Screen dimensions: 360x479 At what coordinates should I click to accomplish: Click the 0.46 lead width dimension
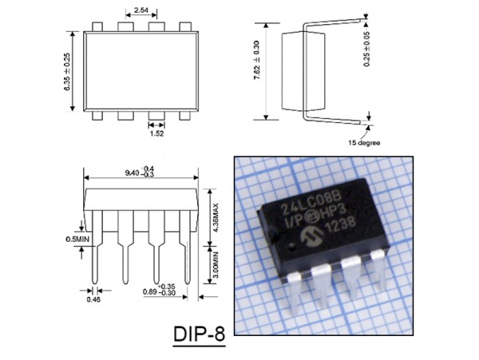pos(95,300)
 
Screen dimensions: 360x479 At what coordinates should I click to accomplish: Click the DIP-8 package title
pos(198,333)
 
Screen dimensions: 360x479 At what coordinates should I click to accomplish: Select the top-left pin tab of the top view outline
pos(96,27)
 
